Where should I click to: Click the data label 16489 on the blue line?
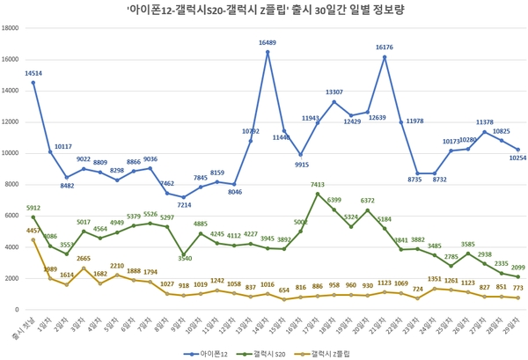coord(268,42)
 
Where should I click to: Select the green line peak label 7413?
coord(318,185)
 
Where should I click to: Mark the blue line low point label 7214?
coord(184,205)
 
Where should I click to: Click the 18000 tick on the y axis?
coord(13,27)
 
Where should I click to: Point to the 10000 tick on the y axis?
coord(13,152)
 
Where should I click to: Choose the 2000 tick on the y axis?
coord(15,278)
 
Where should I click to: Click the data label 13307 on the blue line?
coord(334,92)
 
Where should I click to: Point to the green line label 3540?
coord(184,258)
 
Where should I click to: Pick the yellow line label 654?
coord(284,290)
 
